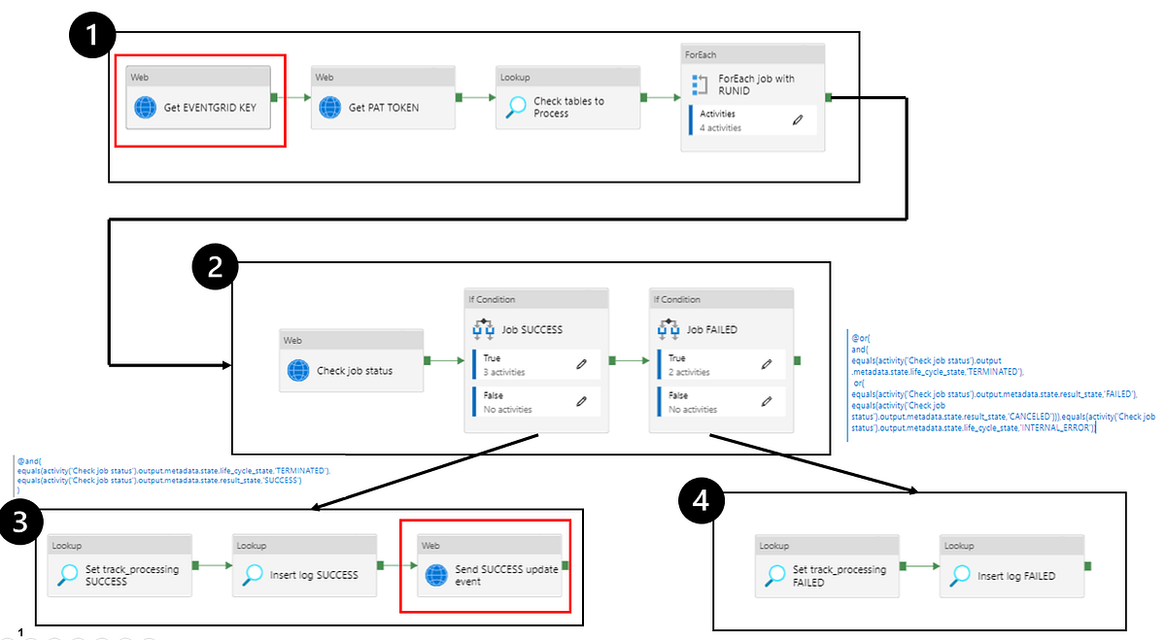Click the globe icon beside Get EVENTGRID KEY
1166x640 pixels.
coord(145,108)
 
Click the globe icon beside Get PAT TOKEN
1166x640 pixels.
coord(329,108)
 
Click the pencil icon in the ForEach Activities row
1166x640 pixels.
coord(798,120)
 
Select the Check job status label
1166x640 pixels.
coord(355,371)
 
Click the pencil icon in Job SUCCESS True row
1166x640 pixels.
coord(581,364)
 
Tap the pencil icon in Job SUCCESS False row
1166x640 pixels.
coord(581,401)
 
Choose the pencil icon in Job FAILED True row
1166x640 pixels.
coord(766,364)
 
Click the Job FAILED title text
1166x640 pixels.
coord(712,329)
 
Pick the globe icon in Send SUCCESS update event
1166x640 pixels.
coord(436,575)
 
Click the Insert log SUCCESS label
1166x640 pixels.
coord(314,575)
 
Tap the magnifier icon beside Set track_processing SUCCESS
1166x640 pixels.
coord(67,575)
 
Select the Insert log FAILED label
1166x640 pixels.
coord(1016,576)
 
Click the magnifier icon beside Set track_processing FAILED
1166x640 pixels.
coord(774,576)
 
